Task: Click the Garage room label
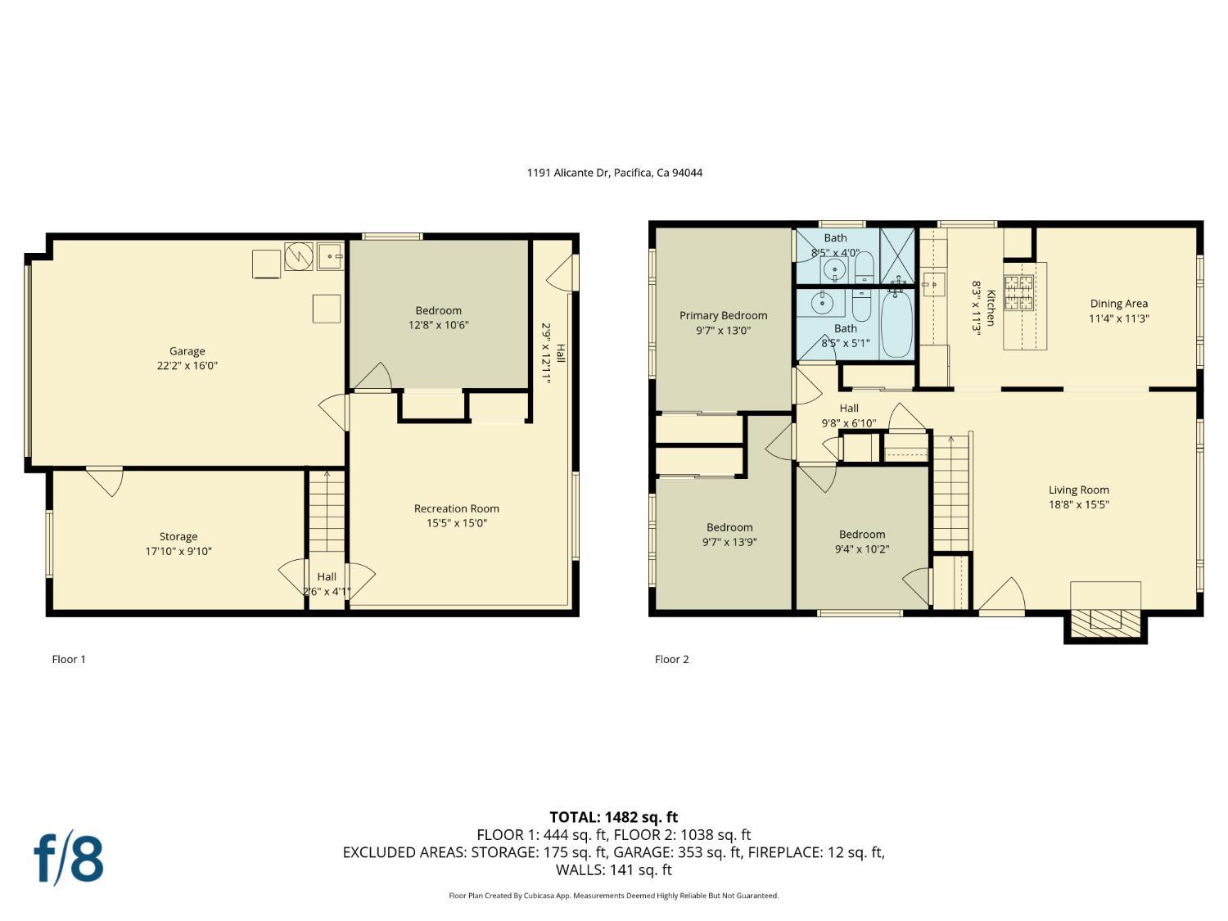coord(187,351)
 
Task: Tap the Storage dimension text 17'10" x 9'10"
coord(178,552)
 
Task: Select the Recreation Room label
coord(456,508)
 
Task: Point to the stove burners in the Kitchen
coord(1018,293)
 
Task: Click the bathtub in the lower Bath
coord(896,325)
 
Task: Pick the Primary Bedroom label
coord(723,315)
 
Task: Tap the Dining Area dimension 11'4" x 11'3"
coord(1118,318)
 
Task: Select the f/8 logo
coord(69,858)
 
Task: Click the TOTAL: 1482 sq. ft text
coord(613,817)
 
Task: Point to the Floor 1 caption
coord(69,659)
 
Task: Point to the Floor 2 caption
coord(671,659)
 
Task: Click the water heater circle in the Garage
coord(299,256)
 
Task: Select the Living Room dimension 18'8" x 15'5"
coord(1078,505)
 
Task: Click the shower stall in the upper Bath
coord(897,255)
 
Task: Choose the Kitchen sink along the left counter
coord(932,284)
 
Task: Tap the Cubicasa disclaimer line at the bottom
coord(613,896)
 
